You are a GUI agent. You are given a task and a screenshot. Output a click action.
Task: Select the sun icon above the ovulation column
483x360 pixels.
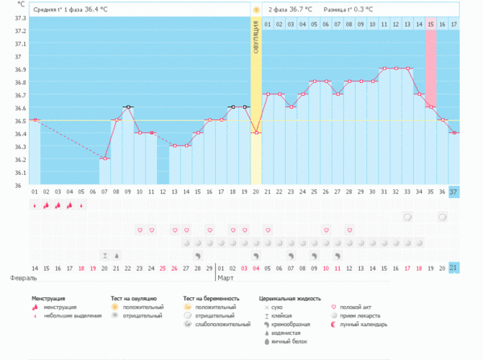click(x=256, y=10)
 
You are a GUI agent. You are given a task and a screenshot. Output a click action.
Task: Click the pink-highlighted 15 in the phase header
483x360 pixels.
click(x=431, y=25)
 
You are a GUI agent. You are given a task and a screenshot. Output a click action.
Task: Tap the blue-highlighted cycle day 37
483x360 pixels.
click(x=454, y=192)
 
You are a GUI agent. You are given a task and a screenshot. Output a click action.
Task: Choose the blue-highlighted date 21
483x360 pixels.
click(x=454, y=267)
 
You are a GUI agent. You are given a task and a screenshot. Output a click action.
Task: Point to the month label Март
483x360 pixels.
click(x=226, y=278)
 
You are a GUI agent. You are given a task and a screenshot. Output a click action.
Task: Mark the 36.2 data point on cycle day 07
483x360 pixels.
click(x=105, y=159)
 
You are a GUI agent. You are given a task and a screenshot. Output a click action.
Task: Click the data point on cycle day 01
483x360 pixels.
click(x=35, y=120)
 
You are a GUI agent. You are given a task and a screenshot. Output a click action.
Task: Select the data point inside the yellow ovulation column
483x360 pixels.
click(x=256, y=133)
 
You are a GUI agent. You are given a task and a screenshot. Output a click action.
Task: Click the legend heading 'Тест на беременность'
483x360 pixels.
click(x=211, y=298)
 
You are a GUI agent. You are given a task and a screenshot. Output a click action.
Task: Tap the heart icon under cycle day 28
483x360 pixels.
click(x=349, y=230)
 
